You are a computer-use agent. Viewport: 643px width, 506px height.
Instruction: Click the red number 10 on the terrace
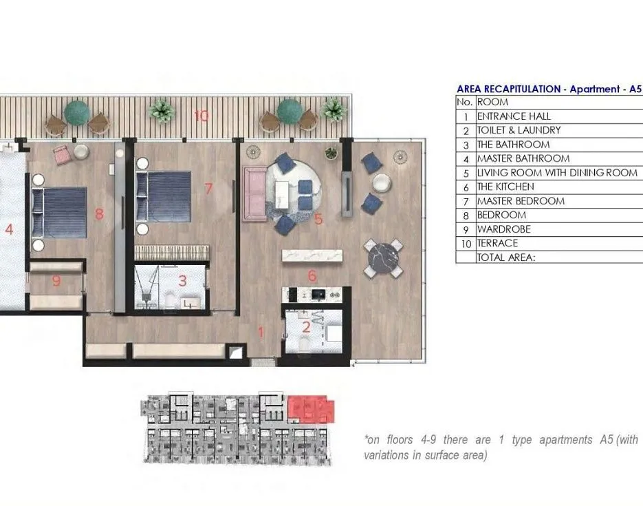click(201, 116)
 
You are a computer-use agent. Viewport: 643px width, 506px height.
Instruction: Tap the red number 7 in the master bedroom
click(209, 189)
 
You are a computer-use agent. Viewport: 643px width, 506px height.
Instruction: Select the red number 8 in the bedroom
click(99, 214)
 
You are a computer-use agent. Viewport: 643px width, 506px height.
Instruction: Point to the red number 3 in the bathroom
click(182, 281)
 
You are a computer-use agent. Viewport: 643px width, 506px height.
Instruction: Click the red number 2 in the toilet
click(306, 327)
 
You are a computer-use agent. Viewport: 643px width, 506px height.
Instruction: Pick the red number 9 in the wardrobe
click(56, 281)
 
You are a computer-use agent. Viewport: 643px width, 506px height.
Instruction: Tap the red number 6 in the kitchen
click(312, 275)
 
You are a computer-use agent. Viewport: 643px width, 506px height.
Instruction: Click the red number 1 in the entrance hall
click(261, 332)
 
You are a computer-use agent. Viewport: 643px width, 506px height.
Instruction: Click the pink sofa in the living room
click(254, 194)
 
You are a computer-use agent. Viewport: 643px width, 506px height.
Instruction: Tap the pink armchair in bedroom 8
click(62, 154)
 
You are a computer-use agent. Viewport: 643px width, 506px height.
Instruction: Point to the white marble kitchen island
click(312, 255)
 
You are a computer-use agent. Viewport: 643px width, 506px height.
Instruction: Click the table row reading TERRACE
click(497, 243)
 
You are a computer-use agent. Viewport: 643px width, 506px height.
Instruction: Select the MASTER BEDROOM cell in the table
click(521, 201)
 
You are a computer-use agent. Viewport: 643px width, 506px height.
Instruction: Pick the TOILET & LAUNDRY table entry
click(519, 131)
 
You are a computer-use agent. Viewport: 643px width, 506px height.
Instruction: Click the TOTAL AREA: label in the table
click(506, 257)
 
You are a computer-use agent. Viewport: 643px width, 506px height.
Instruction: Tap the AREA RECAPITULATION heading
click(509, 89)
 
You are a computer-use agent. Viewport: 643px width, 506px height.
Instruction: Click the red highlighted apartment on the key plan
click(311, 409)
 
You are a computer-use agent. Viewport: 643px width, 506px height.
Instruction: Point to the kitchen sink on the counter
click(318, 294)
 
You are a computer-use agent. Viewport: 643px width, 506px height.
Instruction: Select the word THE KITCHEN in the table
click(505, 187)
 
